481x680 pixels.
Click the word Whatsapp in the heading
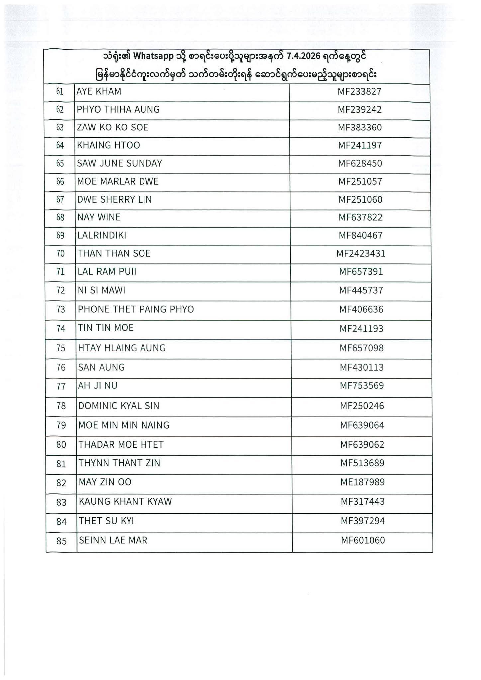(x=153, y=56)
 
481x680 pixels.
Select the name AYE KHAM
(x=99, y=91)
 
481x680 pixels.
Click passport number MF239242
(x=360, y=110)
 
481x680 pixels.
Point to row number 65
(x=60, y=164)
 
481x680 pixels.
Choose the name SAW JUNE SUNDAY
(x=120, y=163)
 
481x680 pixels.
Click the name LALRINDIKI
(x=102, y=236)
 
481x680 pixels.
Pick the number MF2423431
(x=361, y=254)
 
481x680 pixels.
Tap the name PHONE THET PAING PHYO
(x=136, y=309)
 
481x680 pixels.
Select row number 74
(x=61, y=329)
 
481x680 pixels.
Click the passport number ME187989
(x=362, y=482)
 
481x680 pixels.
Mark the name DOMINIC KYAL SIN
(x=119, y=406)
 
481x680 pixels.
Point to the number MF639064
(x=362, y=425)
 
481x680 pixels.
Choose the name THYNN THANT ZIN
(x=119, y=463)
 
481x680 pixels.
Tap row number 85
(x=62, y=541)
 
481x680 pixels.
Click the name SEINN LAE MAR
(x=113, y=540)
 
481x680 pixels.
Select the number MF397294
(x=363, y=521)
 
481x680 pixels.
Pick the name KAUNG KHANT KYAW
(x=125, y=501)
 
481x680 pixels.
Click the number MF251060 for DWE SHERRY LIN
(x=360, y=200)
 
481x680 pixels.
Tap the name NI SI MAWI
(x=101, y=291)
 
